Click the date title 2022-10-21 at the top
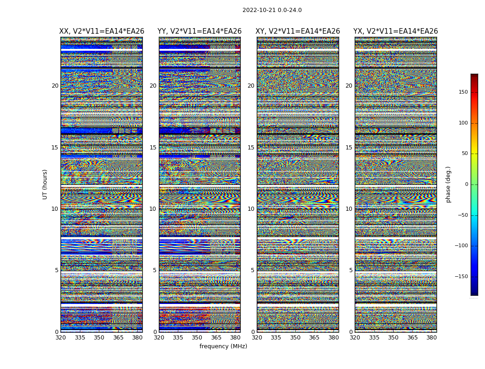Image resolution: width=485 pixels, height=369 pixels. coord(272,10)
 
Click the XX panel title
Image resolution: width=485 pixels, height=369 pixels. coord(102,31)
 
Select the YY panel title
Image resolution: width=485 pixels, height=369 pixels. coord(200,31)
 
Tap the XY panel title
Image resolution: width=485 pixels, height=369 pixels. coord(297,31)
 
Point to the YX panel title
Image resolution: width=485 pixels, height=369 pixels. coord(395,31)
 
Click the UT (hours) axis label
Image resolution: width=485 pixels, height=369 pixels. coord(45,184)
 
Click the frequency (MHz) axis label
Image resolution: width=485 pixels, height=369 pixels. coord(223,346)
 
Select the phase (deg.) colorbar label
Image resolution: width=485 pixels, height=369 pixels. coord(448,184)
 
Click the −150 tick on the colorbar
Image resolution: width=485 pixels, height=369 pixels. coord(462,277)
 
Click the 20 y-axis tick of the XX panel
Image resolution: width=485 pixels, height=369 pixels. coord(55,86)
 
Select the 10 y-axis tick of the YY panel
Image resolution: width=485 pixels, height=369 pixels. coord(153,209)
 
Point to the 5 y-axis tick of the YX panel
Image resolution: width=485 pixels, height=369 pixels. coord(351,270)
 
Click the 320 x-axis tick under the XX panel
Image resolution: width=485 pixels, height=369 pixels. coord(61,338)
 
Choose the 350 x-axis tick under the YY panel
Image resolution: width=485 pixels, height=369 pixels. coord(197,338)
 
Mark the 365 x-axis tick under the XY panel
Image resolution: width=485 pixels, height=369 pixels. coord(314,338)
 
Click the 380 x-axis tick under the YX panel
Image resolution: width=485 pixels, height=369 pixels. coord(431,338)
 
